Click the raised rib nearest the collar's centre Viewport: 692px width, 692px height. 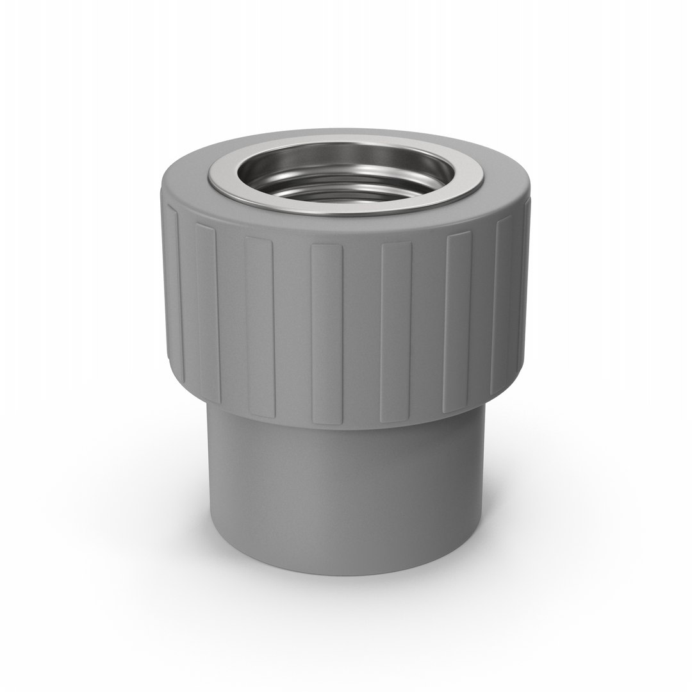tap(327, 333)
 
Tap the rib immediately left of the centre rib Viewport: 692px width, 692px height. tap(259, 327)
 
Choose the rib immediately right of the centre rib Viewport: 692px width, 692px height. tap(395, 333)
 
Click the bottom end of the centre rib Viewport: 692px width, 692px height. tap(327, 420)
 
